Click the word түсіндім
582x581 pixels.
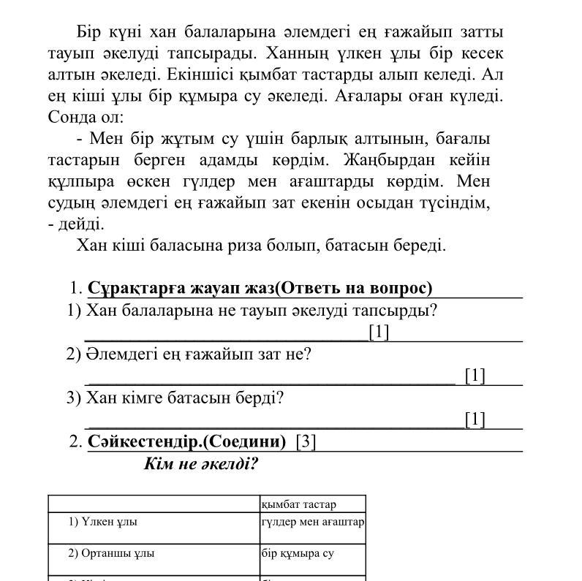[x=449, y=202]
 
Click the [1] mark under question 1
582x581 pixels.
[x=379, y=332]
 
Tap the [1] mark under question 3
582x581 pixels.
[x=475, y=419]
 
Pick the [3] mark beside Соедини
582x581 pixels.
[x=306, y=441]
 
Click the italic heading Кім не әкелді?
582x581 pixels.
[x=201, y=463]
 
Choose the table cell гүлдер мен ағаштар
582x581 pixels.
[x=313, y=522]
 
